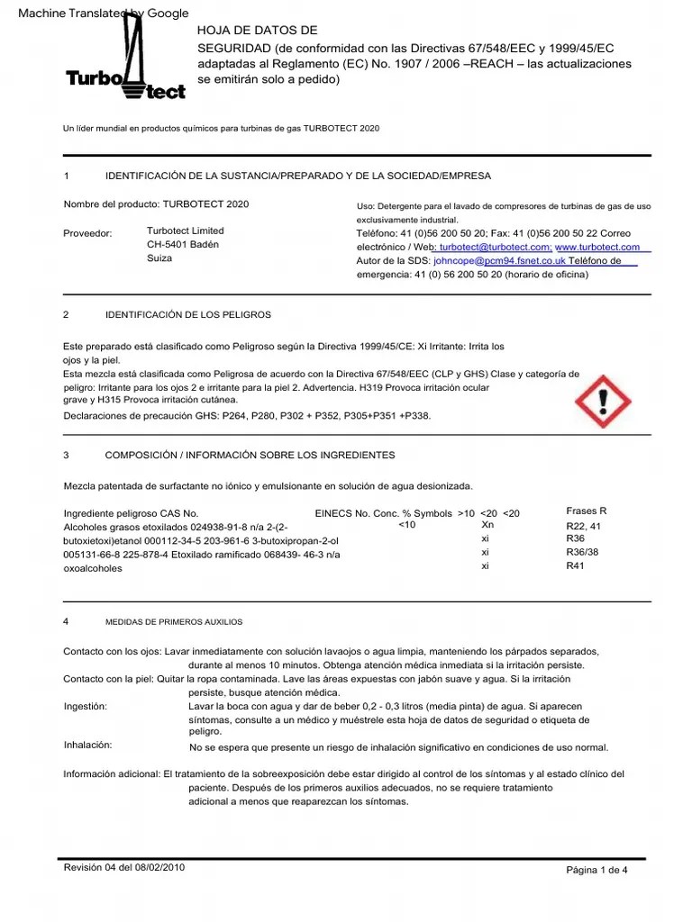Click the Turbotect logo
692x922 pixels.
127,63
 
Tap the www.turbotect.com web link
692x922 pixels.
597,247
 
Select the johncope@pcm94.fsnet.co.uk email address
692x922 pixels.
499,261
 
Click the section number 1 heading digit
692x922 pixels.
67,176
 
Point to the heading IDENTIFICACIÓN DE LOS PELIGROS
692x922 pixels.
187,315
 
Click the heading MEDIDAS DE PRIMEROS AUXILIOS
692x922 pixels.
173,622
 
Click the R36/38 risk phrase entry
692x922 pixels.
581,552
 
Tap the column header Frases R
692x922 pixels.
587,511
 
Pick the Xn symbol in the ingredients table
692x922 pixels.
487,525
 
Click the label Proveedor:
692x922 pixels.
87,233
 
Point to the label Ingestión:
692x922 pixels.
86,707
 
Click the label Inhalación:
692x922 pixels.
87,746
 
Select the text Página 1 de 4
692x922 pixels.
596,870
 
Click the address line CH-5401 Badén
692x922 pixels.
182,245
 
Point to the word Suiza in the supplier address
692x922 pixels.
159,258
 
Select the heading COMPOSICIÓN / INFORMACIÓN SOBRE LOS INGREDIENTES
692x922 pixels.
250,456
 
